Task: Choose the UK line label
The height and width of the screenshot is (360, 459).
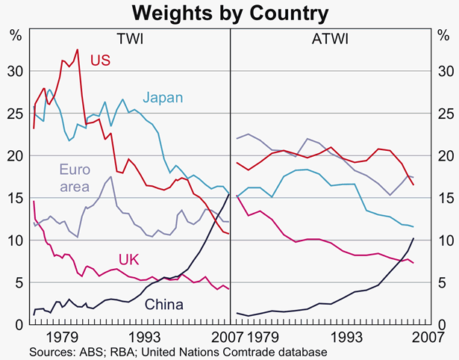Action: click(78, 258)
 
